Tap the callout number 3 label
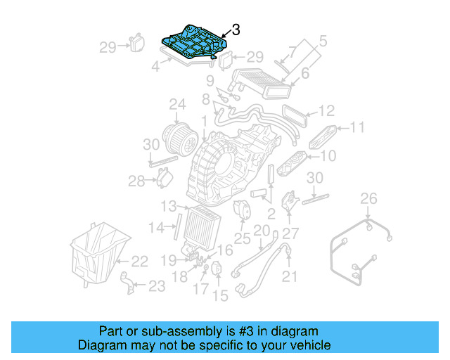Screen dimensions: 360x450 click(236, 30)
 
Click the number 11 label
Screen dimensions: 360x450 click(357, 128)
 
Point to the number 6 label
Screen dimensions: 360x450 click(305, 73)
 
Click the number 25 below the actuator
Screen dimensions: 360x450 click(242, 239)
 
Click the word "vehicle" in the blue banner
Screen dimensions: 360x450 click(307, 345)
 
